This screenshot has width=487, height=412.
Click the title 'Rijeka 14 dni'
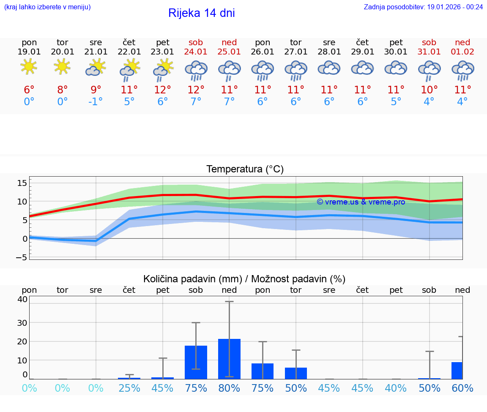pos(201,13)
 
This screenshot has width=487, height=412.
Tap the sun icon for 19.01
pos(29,66)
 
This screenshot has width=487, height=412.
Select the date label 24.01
pos(196,52)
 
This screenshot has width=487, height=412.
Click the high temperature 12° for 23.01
pos(163,90)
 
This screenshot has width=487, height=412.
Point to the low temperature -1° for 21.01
pos(96,102)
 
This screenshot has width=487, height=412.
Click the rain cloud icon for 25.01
pos(229,69)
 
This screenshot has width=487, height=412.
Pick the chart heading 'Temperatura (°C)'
pos(245,169)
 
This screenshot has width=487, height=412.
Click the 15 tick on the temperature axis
pos(22,183)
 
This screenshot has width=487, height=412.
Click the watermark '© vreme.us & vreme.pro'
pos(361,202)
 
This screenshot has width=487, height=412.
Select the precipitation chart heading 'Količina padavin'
pos(244,279)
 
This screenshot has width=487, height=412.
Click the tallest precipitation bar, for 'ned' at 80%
pos(229,359)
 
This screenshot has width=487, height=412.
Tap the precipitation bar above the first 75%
pos(196,362)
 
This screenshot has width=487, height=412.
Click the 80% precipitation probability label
pos(229,388)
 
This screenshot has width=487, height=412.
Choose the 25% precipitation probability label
pos(129,388)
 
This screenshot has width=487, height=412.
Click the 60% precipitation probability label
pos(462,388)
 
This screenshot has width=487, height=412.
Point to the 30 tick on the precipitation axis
pos(22,322)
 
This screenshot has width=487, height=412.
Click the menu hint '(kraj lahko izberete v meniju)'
pos(47,7)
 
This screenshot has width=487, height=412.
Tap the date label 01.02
pos(462,52)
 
